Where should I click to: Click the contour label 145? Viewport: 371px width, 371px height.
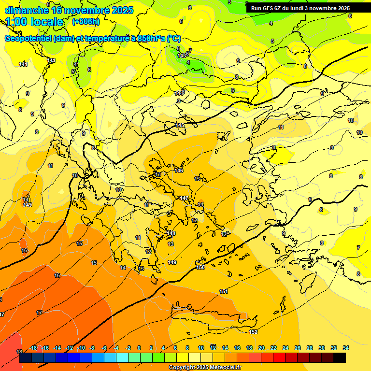pyautogui.click(x=180, y=126)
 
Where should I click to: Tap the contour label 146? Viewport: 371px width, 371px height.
pyautogui.click(x=179, y=171)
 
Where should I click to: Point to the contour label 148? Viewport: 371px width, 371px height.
pyautogui.click(x=171, y=233)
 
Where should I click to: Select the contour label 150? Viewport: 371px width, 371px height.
pyautogui.click(x=200, y=267)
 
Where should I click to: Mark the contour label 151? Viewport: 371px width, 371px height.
pyautogui.click(x=224, y=291)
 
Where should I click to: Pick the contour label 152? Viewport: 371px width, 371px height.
pyautogui.click(x=253, y=332)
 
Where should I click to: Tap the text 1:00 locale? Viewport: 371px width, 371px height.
pyautogui.click(x=34, y=22)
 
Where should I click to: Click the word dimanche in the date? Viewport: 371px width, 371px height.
pyautogui.click(x=27, y=10)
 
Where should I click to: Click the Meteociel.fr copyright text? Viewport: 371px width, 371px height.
pyautogui.click(x=205, y=368)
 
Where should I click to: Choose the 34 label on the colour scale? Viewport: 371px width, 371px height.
pyautogui.click(x=346, y=348)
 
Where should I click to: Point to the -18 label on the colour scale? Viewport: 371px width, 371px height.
pyautogui.click(x=33, y=348)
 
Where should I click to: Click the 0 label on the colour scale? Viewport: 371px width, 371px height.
pyautogui.click(x=139, y=348)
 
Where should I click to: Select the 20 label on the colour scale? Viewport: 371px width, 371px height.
pyautogui.click(x=261, y=348)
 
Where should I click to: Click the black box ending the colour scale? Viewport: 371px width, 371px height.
pyautogui.click(x=340, y=358)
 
